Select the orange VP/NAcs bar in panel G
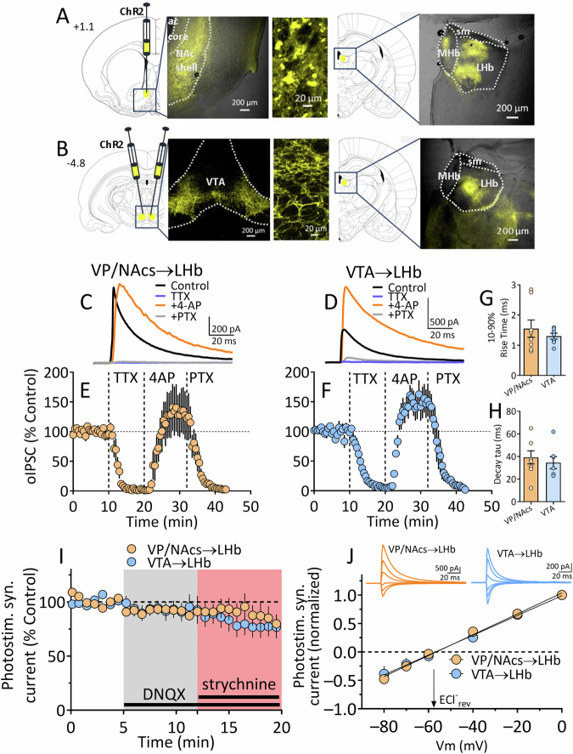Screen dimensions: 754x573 click(510, 352)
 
